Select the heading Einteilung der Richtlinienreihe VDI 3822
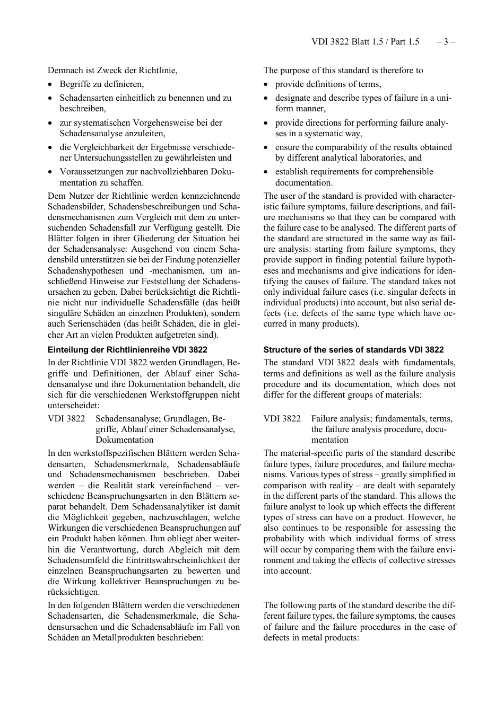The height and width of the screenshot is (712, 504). [x=127, y=350]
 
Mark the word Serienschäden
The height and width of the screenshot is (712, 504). [x=91, y=324]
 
